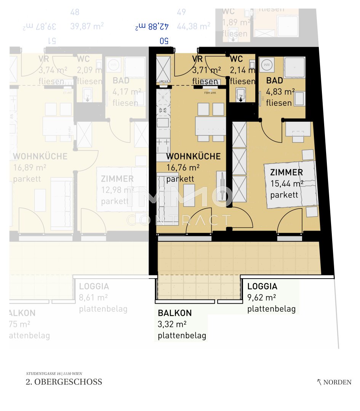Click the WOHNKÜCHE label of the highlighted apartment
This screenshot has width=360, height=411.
tap(193, 156)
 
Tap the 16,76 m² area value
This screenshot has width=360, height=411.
tap(183, 168)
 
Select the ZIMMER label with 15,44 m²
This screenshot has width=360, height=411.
tap(286, 172)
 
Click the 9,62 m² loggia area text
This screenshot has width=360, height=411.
tap(262, 298)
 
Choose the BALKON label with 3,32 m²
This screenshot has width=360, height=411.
tap(175, 313)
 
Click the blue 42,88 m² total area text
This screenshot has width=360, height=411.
tap(152, 26)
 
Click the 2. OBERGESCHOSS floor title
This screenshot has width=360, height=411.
tap(64, 382)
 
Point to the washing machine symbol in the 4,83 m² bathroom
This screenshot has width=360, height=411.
tap(266, 65)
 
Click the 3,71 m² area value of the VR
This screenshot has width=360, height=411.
tap(206, 70)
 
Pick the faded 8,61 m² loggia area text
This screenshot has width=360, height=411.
tap(93, 298)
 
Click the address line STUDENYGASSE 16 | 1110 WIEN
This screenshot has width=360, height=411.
tap(54, 373)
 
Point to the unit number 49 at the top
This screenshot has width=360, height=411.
tap(181, 12)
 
